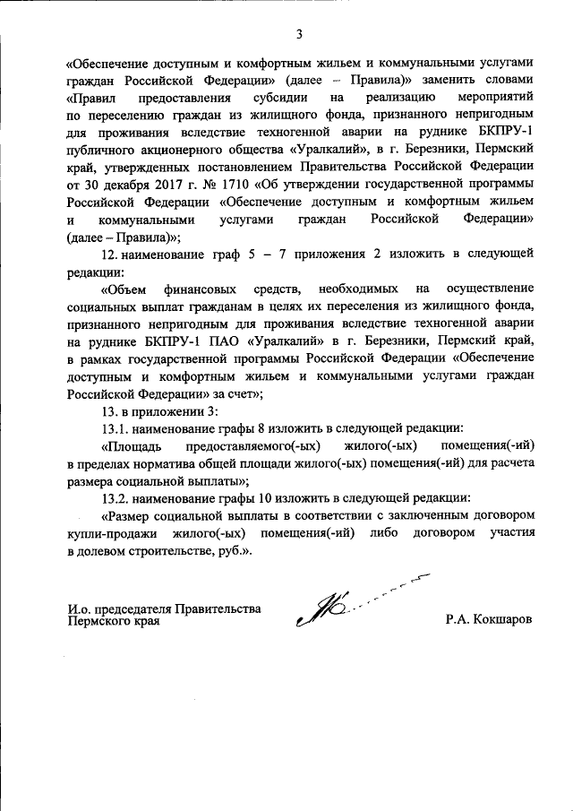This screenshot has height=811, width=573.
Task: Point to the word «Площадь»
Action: click(132, 445)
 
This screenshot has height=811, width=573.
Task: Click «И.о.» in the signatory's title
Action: click(79, 610)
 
